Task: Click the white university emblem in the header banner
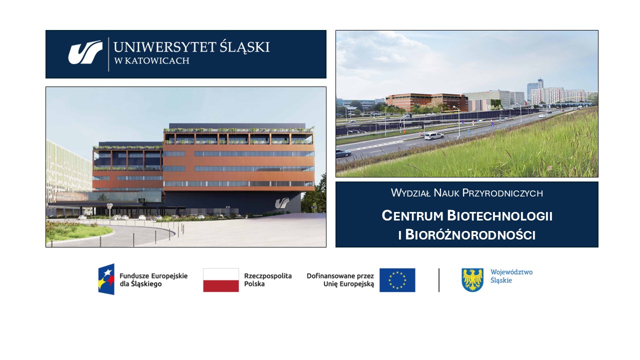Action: pyautogui.click(x=85, y=52)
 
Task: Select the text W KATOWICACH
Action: pyautogui.click(x=151, y=61)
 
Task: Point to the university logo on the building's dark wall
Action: pyautogui.click(x=282, y=203)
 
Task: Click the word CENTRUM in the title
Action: pyautogui.click(x=412, y=215)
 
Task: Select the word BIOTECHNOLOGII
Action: pyautogui.click(x=499, y=215)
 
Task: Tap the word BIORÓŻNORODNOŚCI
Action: pyautogui.click(x=470, y=235)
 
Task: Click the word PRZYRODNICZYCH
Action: pyautogui.click(x=502, y=193)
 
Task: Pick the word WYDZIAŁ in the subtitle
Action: pyautogui.click(x=410, y=193)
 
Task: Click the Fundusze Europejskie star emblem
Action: pyautogui.click(x=106, y=279)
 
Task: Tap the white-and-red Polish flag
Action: pyautogui.click(x=221, y=280)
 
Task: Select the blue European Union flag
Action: pyautogui.click(x=397, y=280)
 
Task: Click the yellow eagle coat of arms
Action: pyautogui.click(x=472, y=279)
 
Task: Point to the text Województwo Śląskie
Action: pyautogui.click(x=511, y=276)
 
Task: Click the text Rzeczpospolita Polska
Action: pyautogui.click(x=267, y=280)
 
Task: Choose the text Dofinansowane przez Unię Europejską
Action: pyautogui.click(x=340, y=280)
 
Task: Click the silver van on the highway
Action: pyautogui.click(x=434, y=136)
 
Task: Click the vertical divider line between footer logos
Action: pyautogui.click(x=439, y=280)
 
